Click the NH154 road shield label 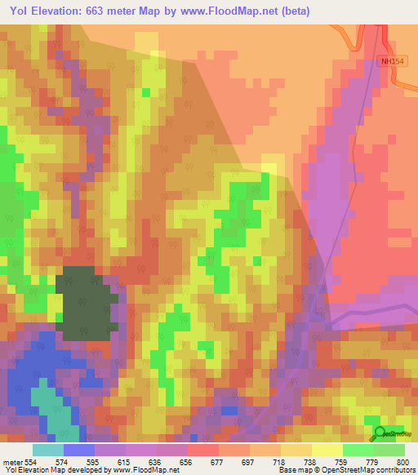click(392, 61)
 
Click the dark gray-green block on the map click(86, 302)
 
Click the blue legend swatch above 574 click(78, 450)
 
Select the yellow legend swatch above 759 click(327, 450)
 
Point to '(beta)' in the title click(293, 11)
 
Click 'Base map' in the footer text click(292, 470)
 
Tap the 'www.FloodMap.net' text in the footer click(147, 470)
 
